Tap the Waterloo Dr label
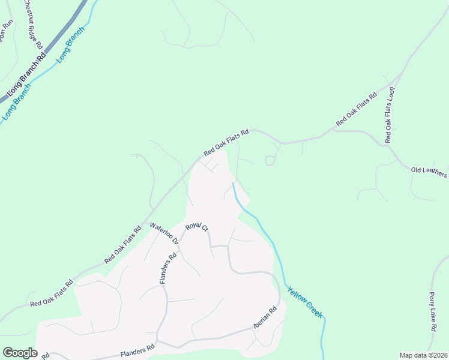point(164,233)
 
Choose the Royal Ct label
point(196,227)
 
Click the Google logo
point(20,353)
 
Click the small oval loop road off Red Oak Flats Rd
point(270,161)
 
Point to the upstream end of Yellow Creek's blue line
point(233,184)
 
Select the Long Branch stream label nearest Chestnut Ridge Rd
point(71,46)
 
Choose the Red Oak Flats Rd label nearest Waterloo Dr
point(122,245)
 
